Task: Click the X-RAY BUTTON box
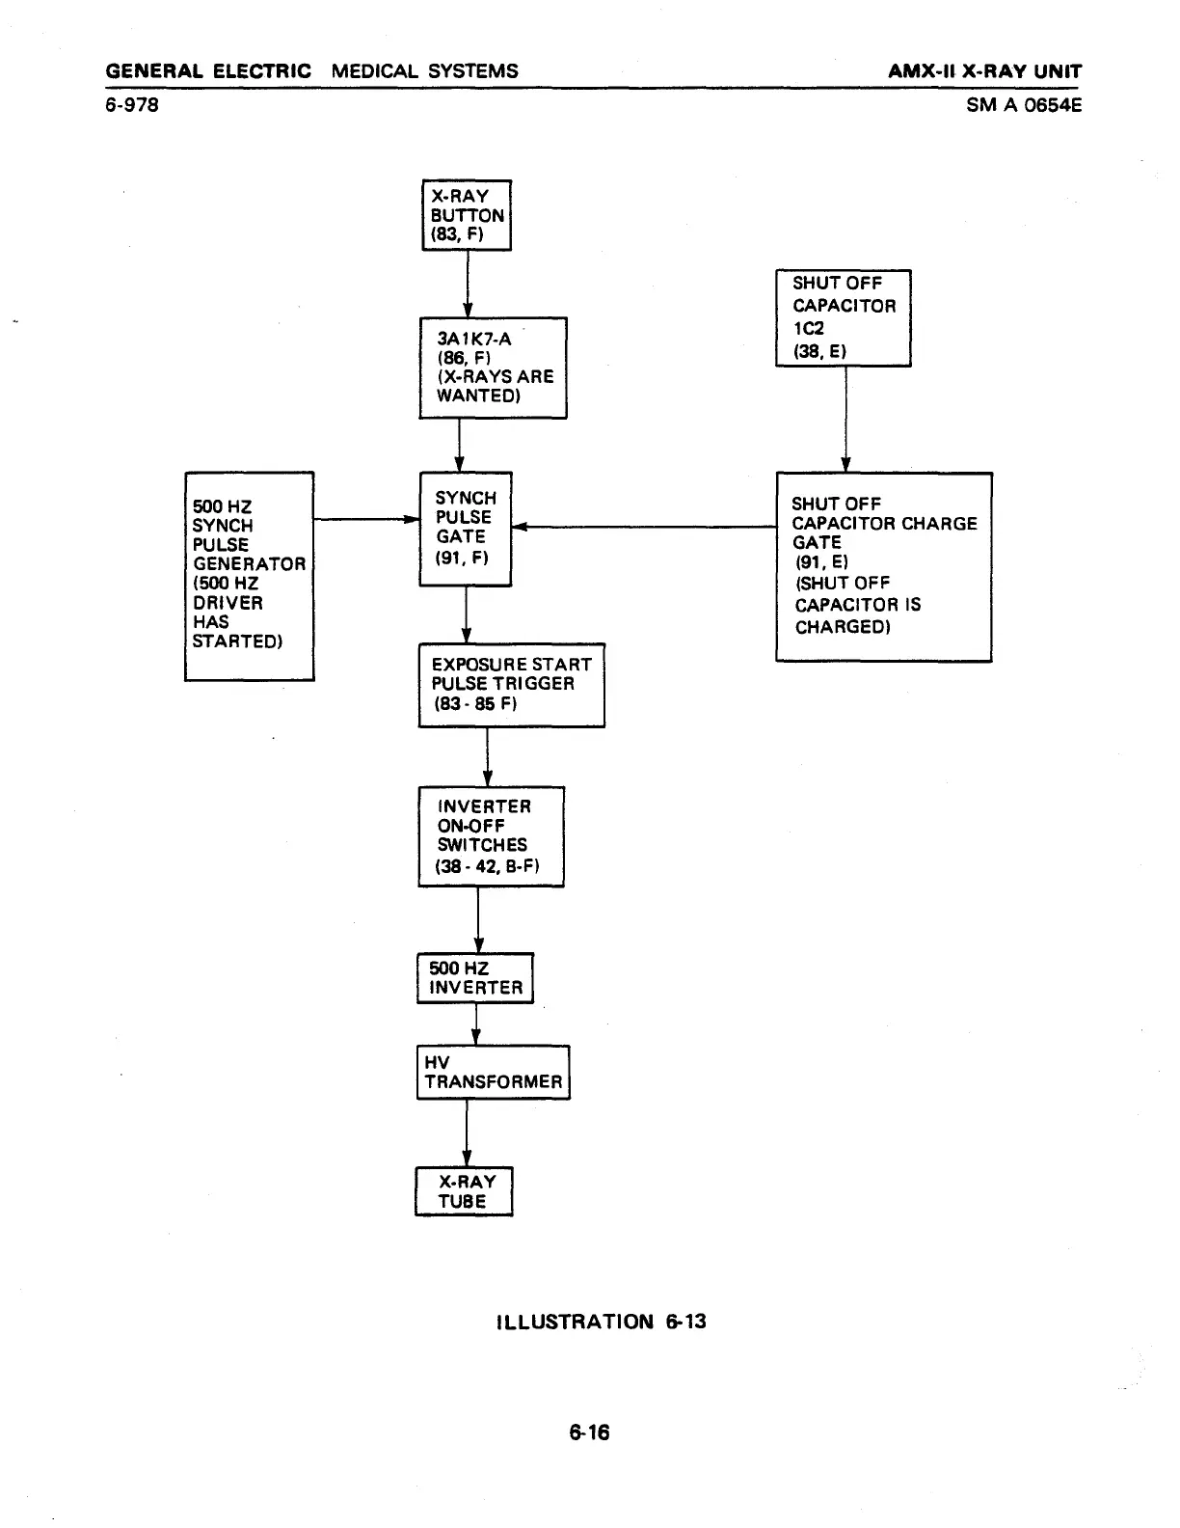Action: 467,215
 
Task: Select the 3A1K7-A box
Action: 493,368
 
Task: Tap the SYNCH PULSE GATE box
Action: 466,529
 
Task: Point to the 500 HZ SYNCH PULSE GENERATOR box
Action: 249,576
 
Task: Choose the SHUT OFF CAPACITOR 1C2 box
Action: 843,317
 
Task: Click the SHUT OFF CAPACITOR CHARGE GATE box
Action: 883,566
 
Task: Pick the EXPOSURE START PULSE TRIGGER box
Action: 511,685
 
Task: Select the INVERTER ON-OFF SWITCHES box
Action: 491,836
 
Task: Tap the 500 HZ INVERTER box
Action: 474,978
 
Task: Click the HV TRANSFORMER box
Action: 493,1072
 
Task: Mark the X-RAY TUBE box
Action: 464,1191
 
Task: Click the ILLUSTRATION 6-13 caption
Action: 600,1322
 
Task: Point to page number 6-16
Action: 589,1432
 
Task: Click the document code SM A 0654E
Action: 1024,104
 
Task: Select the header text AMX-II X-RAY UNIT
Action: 984,71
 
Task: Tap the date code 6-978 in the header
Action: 132,104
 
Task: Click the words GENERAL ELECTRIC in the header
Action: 208,71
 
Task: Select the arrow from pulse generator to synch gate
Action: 366,519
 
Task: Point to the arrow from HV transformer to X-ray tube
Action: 467,1132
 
